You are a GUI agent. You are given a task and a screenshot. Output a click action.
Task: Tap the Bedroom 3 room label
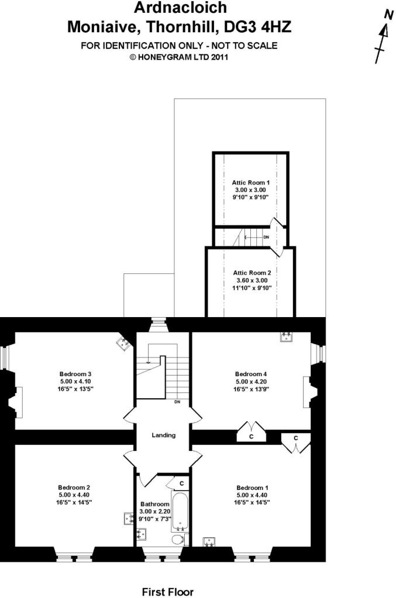click(75, 374)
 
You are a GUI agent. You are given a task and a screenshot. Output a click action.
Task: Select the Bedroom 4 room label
click(251, 374)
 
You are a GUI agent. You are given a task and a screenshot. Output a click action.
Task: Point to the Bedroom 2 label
click(74, 488)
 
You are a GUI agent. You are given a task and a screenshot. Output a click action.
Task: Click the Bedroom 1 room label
click(252, 488)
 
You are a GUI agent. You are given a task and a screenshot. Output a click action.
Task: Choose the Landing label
click(163, 435)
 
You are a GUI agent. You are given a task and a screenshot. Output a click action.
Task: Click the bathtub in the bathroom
click(180, 512)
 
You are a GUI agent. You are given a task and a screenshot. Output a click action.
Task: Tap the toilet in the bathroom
click(179, 539)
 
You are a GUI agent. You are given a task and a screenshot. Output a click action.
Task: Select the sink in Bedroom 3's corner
click(124, 343)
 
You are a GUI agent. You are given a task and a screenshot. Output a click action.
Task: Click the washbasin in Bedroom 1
click(209, 541)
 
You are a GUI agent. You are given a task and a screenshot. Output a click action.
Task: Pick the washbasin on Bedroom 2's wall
click(129, 519)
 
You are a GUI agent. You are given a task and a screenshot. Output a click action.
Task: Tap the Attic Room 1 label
click(250, 183)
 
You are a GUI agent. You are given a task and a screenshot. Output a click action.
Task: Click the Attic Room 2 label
click(252, 273)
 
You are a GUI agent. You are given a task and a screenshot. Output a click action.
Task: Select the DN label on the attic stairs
click(266, 237)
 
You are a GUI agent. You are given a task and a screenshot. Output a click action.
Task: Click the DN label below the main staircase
click(178, 402)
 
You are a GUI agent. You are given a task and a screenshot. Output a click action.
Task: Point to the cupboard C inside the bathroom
click(182, 483)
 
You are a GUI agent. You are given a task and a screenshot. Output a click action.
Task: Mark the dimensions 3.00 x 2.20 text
click(154, 512)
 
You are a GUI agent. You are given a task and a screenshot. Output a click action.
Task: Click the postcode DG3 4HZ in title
click(258, 27)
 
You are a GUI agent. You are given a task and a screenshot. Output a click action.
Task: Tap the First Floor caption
click(168, 592)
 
